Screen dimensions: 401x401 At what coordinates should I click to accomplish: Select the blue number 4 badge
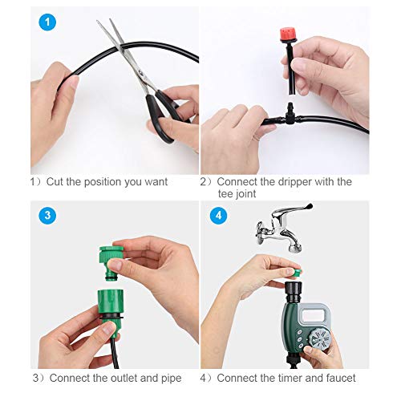click(x=218, y=215)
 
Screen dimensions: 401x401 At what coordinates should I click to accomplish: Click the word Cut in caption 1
click(x=57, y=182)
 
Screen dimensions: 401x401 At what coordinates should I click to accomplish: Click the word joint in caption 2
click(x=253, y=195)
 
